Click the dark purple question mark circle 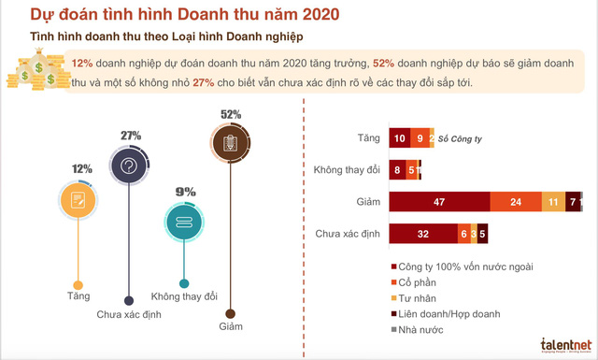click(x=130, y=166)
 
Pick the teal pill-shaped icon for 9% click(x=184, y=222)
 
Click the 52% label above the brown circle click(x=231, y=114)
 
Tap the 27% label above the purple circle click(x=130, y=135)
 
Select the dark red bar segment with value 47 click(x=439, y=201)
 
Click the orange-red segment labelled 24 click(x=516, y=201)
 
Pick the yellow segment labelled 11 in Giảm click(x=553, y=201)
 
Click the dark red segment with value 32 click(x=422, y=233)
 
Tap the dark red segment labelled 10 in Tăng click(x=399, y=138)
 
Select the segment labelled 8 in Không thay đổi click(x=397, y=170)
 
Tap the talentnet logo click(x=561, y=343)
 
